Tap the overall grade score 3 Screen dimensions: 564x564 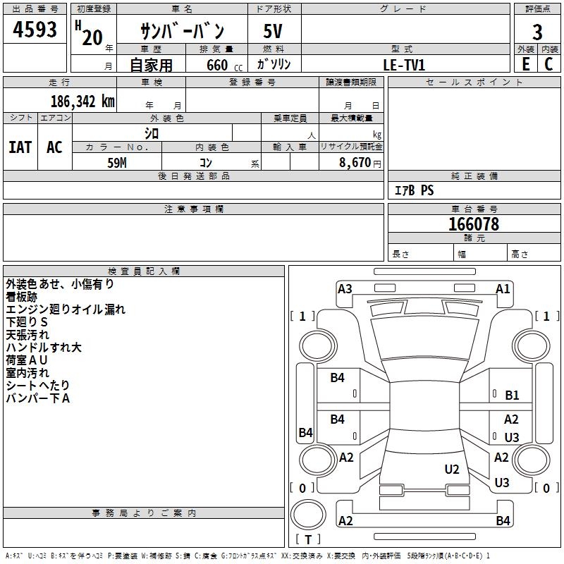click(538, 32)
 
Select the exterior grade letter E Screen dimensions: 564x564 click(526, 64)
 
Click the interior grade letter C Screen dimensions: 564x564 click(549, 64)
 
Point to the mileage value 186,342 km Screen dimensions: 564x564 click(82, 101)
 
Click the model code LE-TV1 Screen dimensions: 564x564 click(404, 65)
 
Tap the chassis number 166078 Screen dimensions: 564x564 click(474, 224)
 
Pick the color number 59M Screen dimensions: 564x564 click(117, 162)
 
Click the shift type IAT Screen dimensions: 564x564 click(20, 147)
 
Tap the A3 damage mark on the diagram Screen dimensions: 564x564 click(345, 288)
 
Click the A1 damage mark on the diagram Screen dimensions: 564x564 click(503, 288)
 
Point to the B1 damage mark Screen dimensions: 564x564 click(512, 396)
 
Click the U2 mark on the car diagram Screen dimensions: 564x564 click(452, 469)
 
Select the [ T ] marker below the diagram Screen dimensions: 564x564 click(307, 539)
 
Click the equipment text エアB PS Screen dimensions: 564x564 click(414, 190)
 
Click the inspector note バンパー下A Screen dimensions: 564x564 click(37, 398)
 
